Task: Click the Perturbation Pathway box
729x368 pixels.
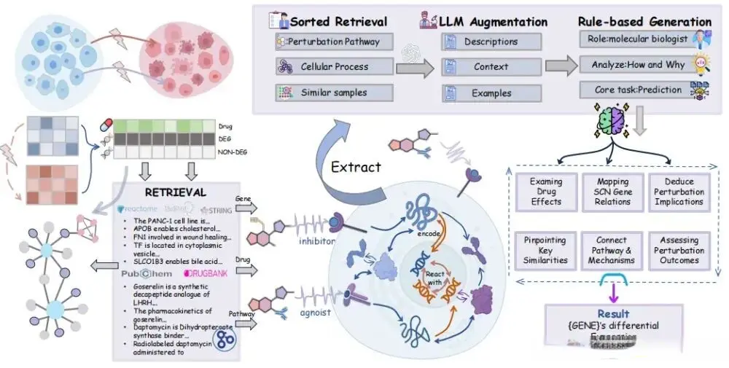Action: coord(335,42)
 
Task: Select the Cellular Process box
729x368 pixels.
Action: coord(335,67)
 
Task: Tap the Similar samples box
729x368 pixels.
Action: coord(335,93)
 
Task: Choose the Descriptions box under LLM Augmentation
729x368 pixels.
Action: coord(491,42)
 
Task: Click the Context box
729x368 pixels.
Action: coord(491,67)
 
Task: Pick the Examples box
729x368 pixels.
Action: coord(491,93)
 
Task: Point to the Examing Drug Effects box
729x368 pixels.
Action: coord(545,192)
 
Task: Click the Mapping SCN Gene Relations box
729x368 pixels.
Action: coord(612,192)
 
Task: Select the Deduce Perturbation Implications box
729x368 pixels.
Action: coord(679,192)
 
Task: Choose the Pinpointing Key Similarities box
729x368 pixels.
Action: coord(545,250)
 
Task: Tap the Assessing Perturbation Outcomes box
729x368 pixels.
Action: coord(679,250)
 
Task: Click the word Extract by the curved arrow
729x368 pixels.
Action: coord(356,166)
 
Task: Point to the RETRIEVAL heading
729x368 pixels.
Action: coord(175,192)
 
